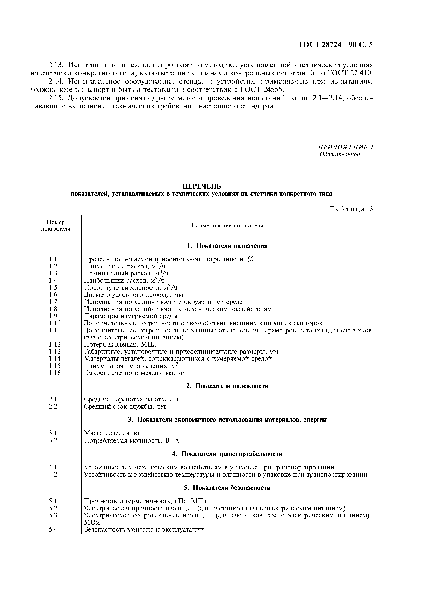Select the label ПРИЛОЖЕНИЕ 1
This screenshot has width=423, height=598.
(346, 147)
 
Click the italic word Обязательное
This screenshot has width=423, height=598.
(340, 154)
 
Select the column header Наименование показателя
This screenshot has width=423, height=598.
(227, 226)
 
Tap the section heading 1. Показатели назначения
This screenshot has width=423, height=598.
(227, 246)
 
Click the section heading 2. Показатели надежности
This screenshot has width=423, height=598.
(227, 386)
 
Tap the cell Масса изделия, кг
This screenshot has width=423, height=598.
(112, 433)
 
